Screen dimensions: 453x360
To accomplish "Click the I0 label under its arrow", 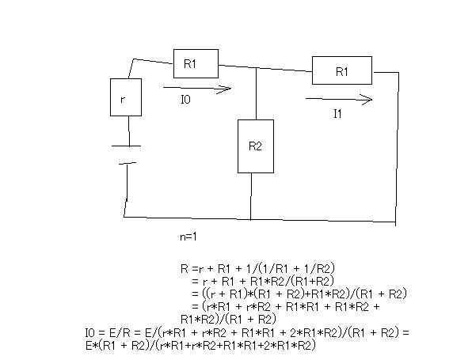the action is [x=186, y=100].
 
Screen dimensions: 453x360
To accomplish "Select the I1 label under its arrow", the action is [x=337, y=114].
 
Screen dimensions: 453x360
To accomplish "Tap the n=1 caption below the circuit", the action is [x=188, y=237].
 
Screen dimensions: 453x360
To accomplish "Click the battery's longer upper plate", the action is [x=126, y=146].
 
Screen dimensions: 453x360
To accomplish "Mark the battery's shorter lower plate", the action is [x=128, y=164].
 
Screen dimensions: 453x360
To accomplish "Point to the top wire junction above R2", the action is [x=257, y=68].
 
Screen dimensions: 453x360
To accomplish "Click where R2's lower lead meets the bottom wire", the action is [x=250, y=219].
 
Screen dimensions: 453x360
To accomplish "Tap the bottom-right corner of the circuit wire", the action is [x=395, y=222].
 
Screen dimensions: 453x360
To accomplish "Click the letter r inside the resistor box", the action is [x=123, y=100].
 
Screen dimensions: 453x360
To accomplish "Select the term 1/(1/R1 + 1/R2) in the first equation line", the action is [x=291, y=268].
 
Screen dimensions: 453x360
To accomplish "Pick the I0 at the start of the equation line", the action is [x=89, y=333].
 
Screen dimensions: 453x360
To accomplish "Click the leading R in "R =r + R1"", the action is [x=185, y=268].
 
